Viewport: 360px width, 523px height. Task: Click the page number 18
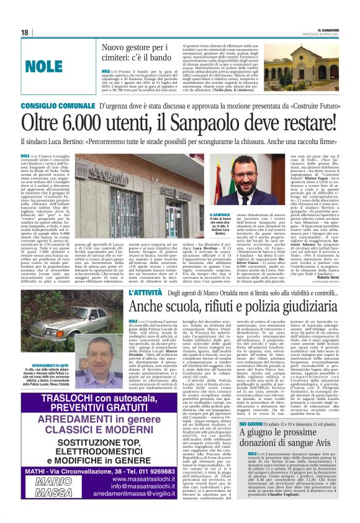point(24,32)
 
